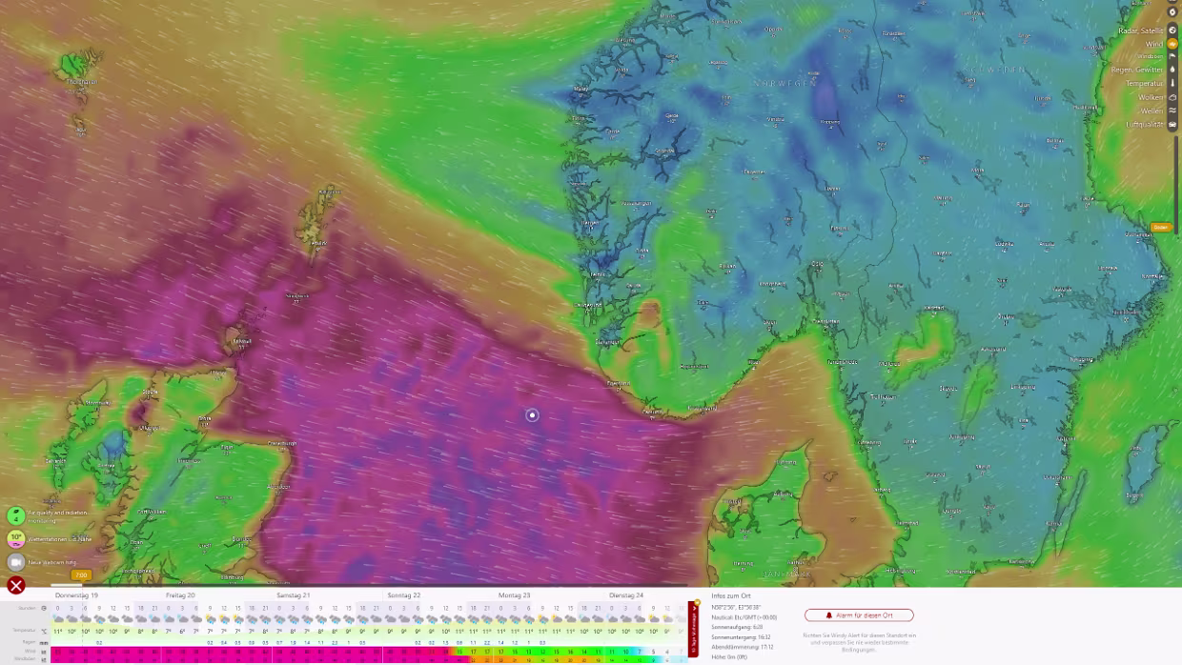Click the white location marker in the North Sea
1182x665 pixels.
532,415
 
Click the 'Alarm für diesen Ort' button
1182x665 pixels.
859,615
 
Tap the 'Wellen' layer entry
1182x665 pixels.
1151,111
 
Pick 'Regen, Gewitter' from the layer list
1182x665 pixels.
1137,70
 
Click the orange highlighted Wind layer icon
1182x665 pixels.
1172,44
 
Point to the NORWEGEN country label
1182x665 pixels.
785,84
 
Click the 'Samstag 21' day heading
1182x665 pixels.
294,595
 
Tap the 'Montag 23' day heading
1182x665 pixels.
515,595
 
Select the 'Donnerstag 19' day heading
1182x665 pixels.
76,595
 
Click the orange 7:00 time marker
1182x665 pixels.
81,575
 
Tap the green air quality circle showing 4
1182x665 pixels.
16,515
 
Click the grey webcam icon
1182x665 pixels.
16,562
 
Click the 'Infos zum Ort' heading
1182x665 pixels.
731,595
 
